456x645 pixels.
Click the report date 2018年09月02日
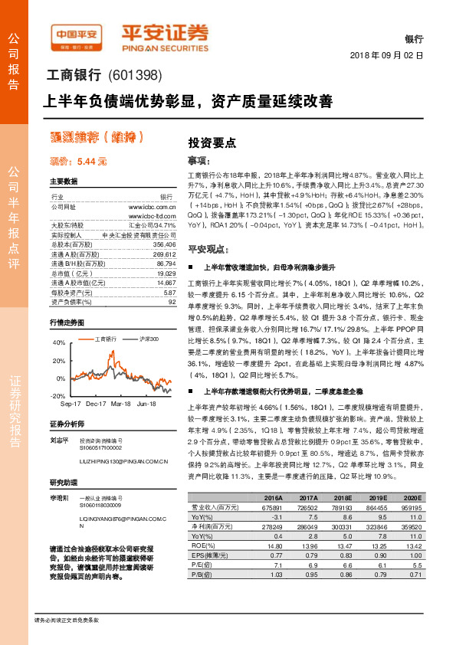pos(386,56)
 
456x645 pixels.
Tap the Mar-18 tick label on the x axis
pos(121,403)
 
